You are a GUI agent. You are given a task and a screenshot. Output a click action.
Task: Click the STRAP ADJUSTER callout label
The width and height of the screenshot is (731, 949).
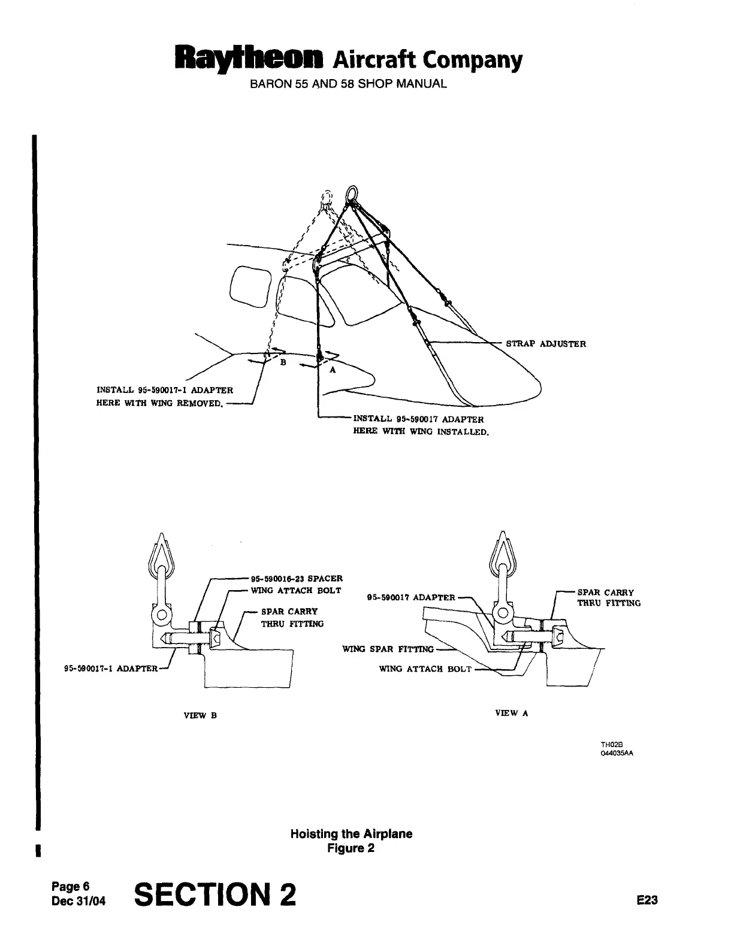click(546, 344)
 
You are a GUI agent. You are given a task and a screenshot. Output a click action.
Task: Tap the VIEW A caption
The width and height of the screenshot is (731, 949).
click(511, 713)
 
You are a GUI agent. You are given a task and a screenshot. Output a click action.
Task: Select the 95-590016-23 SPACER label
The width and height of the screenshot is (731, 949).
click(295, 579)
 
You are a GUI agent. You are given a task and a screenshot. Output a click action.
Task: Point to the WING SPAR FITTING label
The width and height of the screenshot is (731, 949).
click(388, 649)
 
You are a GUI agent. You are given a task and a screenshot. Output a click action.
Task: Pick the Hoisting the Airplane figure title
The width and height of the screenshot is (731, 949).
click(351, 834)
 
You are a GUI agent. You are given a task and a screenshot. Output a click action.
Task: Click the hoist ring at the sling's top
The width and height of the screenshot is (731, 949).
click(351, 195)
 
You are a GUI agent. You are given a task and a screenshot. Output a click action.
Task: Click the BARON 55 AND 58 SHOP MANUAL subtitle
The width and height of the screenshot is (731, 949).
click(348, 83)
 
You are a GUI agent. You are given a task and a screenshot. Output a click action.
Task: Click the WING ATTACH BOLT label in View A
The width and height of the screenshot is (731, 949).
click(425, 669)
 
